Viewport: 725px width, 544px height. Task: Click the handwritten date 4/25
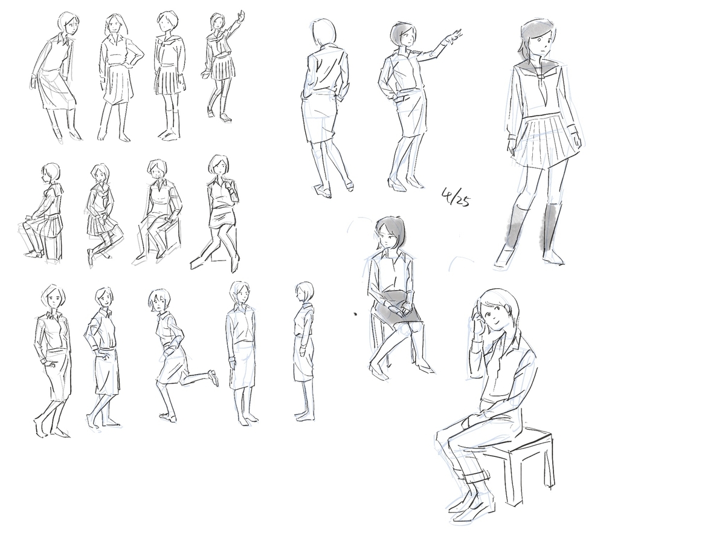tap(456, 197)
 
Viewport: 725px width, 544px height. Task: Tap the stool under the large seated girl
tap(528, 462)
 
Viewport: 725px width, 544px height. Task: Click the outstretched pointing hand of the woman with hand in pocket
tap(454, 36)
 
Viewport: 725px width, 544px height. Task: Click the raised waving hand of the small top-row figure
tap(242, 15)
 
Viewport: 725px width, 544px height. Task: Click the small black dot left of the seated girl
tap(355, 314)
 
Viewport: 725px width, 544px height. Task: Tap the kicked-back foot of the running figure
tap(213, 377)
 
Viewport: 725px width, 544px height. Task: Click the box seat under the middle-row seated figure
tap(164, 236)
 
